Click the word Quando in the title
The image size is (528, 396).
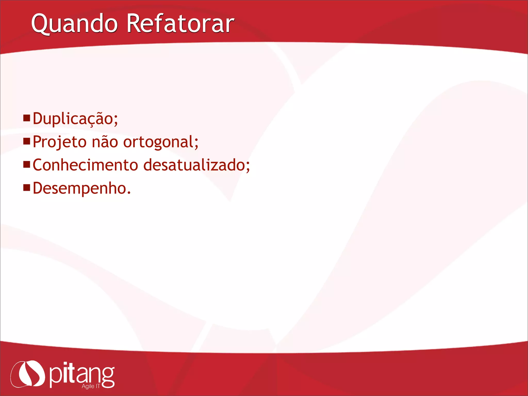74,24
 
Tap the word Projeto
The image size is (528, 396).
60,142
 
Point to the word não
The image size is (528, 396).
105,142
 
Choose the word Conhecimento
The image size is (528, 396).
85,165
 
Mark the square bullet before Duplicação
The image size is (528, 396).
27,118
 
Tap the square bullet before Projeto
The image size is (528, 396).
27,141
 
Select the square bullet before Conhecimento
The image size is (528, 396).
27,164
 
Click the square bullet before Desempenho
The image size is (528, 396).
27,187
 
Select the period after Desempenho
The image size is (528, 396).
129,193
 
